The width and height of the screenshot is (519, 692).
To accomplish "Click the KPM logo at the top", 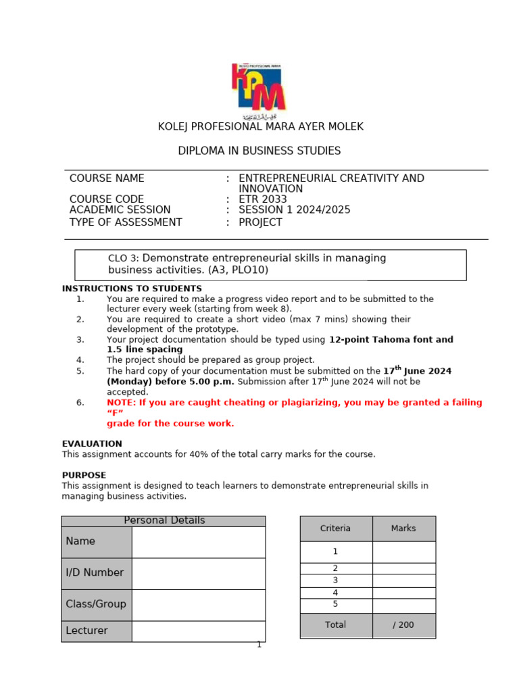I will click(259, 88).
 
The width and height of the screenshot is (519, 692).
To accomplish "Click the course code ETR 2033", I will click(263, 199).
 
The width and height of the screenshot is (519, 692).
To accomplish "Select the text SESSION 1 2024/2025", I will click(295, 210).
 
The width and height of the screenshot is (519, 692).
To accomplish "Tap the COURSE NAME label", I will click(107, 178).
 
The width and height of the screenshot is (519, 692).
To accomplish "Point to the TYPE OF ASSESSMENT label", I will click(126, 222).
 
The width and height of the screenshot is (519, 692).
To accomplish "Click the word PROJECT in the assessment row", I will click(261, 222).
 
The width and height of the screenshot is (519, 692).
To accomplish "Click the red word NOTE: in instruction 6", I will click(121, 403).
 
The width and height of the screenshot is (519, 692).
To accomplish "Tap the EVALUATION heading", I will click(92, 444).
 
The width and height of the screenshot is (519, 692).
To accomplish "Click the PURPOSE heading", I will click(84, 475).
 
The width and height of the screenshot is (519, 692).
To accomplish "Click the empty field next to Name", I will click(198, 542).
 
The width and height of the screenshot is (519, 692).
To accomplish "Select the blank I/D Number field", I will click(198, 573).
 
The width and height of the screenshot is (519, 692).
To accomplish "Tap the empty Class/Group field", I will click(198, 605).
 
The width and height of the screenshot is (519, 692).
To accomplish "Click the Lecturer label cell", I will click(96, 631).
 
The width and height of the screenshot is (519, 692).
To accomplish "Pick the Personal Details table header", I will click(164, 520).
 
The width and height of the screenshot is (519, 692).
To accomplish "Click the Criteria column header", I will click(336, 528).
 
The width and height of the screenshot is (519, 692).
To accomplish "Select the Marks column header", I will click(403, 528).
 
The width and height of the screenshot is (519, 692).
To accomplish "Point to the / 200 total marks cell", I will click(403, 625).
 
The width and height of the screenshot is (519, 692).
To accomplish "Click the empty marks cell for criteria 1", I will click(403, 551).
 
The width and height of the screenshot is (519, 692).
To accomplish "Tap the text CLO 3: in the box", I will click(124, 259).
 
